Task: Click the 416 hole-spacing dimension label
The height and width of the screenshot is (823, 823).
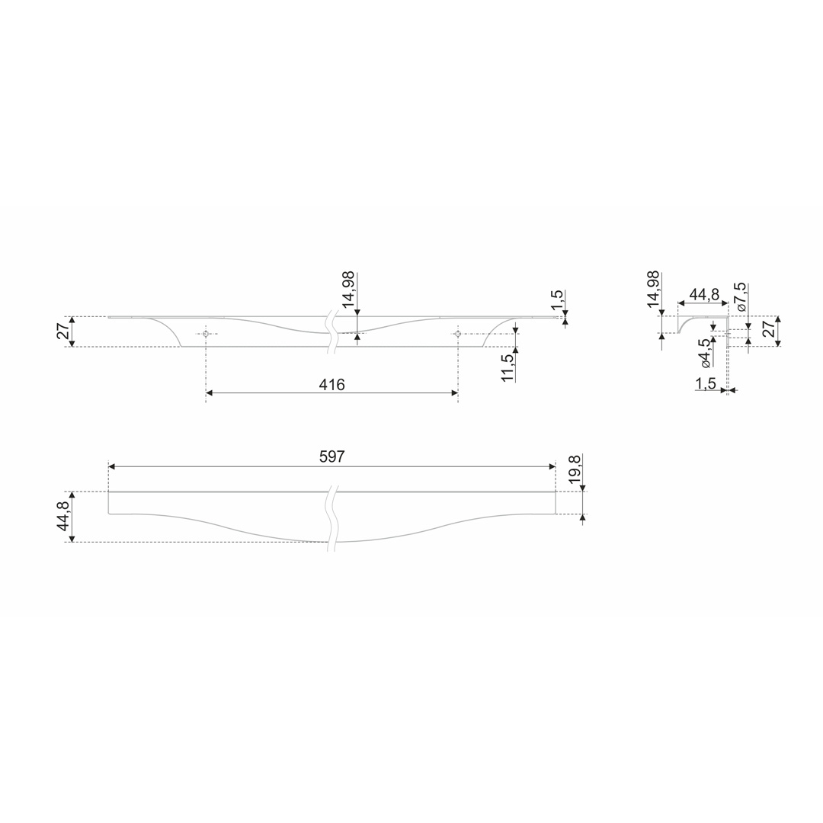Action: click(x=331, y=385)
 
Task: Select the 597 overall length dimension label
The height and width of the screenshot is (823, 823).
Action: click(x=332, y=456)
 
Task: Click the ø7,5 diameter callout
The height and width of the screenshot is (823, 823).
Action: click(x=741, y=297)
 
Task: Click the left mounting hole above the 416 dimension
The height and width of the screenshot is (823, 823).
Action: click(x=205, y=334)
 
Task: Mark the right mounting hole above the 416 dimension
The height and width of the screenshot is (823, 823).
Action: click(x=458, y=334)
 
